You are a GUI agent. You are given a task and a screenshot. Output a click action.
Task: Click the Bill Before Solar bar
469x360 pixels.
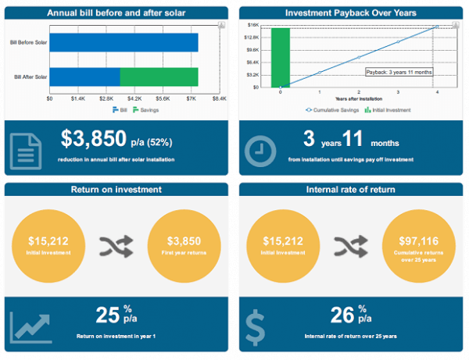[x=124, y=42]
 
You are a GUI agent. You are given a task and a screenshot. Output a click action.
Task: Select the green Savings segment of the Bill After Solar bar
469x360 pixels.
[x=159, y=77]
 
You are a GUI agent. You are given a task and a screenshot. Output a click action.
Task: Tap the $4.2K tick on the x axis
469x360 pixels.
[x=134, y=99]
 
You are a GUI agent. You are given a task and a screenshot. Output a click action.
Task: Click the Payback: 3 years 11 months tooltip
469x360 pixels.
[x=399, y=72]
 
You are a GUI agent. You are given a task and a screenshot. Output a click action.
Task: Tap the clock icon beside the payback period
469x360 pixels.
[x=260, y=151]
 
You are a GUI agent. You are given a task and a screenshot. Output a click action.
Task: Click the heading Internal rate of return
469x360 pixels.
[x=351, y=189]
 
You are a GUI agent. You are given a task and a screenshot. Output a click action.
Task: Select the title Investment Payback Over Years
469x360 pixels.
[x=351, y=13]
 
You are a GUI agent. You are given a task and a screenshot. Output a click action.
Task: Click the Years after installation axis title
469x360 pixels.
[x=359, y=100]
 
